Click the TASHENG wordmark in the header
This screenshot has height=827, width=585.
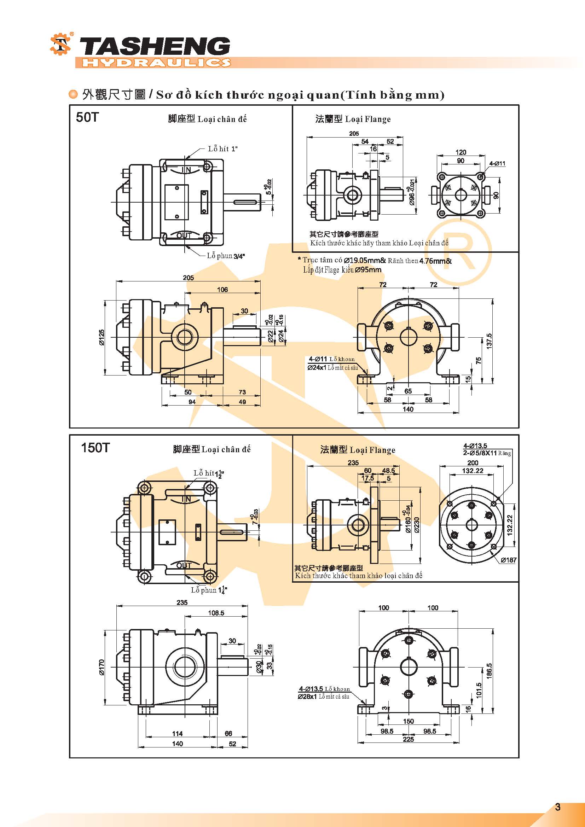pos(154,47)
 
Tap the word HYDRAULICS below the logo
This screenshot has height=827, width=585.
pos(156,63)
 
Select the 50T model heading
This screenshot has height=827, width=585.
pos(87,117)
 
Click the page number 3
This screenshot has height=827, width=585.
pos(558,807)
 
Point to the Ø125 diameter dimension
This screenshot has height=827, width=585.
pos(102,337)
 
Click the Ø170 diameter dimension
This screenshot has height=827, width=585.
pos(102,667)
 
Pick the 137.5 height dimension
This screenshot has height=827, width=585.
pos(489,340)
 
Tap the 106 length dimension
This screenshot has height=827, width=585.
pos(222,290)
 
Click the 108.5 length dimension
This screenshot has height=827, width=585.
pos(216,613)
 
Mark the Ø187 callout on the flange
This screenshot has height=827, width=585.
pos(508,560)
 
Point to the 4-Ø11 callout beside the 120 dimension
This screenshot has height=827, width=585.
pos(497,164)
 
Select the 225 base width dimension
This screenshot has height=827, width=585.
pos(408,739)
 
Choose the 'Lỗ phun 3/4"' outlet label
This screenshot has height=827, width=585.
pos(226,256)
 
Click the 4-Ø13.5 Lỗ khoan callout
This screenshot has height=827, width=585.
pos(324,689)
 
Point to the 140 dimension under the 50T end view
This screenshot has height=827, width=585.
pos(408,409)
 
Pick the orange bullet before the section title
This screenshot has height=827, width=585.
pos(73,95)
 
